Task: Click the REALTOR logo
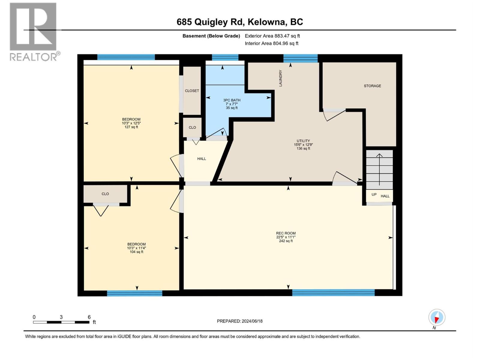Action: click(x=33, y=31)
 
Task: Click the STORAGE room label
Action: click(x=372, y=86)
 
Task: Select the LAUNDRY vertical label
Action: click(x=280, y=78)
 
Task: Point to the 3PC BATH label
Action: click(x=232, y=100)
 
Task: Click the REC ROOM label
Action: click(x=286, y=233)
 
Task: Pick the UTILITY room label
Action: click(x=303, y=141)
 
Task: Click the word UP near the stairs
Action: click(x=374, y=194)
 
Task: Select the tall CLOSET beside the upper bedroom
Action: click(x=192, y=91)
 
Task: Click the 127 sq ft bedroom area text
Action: click(x=131, y=127)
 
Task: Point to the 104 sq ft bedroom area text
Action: click(x=136, y=252)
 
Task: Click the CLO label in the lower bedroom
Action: click(x=105, y=194)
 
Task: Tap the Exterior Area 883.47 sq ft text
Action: click(x=272, y=36)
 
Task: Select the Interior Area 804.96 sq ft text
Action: click(x=271, y=43)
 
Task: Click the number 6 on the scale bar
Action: click(x=89, y=317)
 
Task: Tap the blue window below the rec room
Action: click(x=333, y=292)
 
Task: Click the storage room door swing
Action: click(x=334, y=115)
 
